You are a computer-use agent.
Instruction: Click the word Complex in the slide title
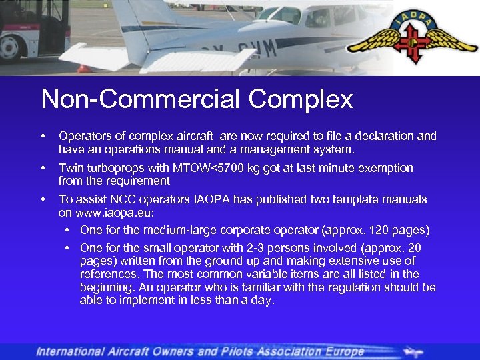[301, 100]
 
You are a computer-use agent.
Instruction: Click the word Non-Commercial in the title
[141, 100]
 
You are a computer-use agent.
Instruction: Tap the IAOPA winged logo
[412, 40]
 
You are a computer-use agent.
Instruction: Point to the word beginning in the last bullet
[105, 287]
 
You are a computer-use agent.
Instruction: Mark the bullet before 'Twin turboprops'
[44, 168]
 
